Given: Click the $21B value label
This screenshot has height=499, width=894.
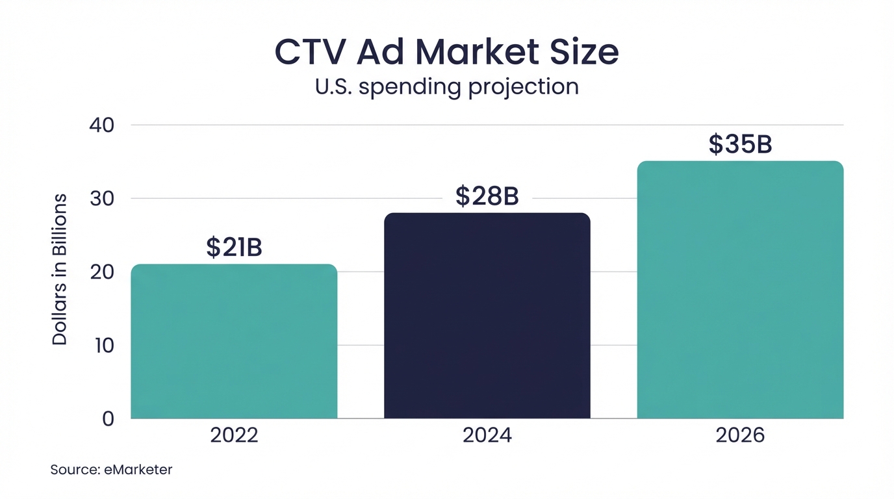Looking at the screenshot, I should pos(234,248).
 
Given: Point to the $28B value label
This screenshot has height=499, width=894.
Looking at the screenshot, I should pos(487,196).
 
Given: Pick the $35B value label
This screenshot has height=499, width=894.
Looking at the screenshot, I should pos(740,145).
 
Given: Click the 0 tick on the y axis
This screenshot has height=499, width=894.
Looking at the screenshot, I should pos(108,418).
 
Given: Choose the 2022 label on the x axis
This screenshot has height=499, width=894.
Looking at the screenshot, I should pos(234,435).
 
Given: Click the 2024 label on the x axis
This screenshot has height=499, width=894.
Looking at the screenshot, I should pos(487,435).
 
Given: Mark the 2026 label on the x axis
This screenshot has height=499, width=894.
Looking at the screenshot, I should pos(740,435).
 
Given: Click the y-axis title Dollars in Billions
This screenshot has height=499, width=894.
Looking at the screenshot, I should pos(60,269).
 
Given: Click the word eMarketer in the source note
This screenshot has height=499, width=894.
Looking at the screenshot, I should pos(138,469).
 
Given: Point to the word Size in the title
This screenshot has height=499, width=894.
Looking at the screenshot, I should pos(583,53).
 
